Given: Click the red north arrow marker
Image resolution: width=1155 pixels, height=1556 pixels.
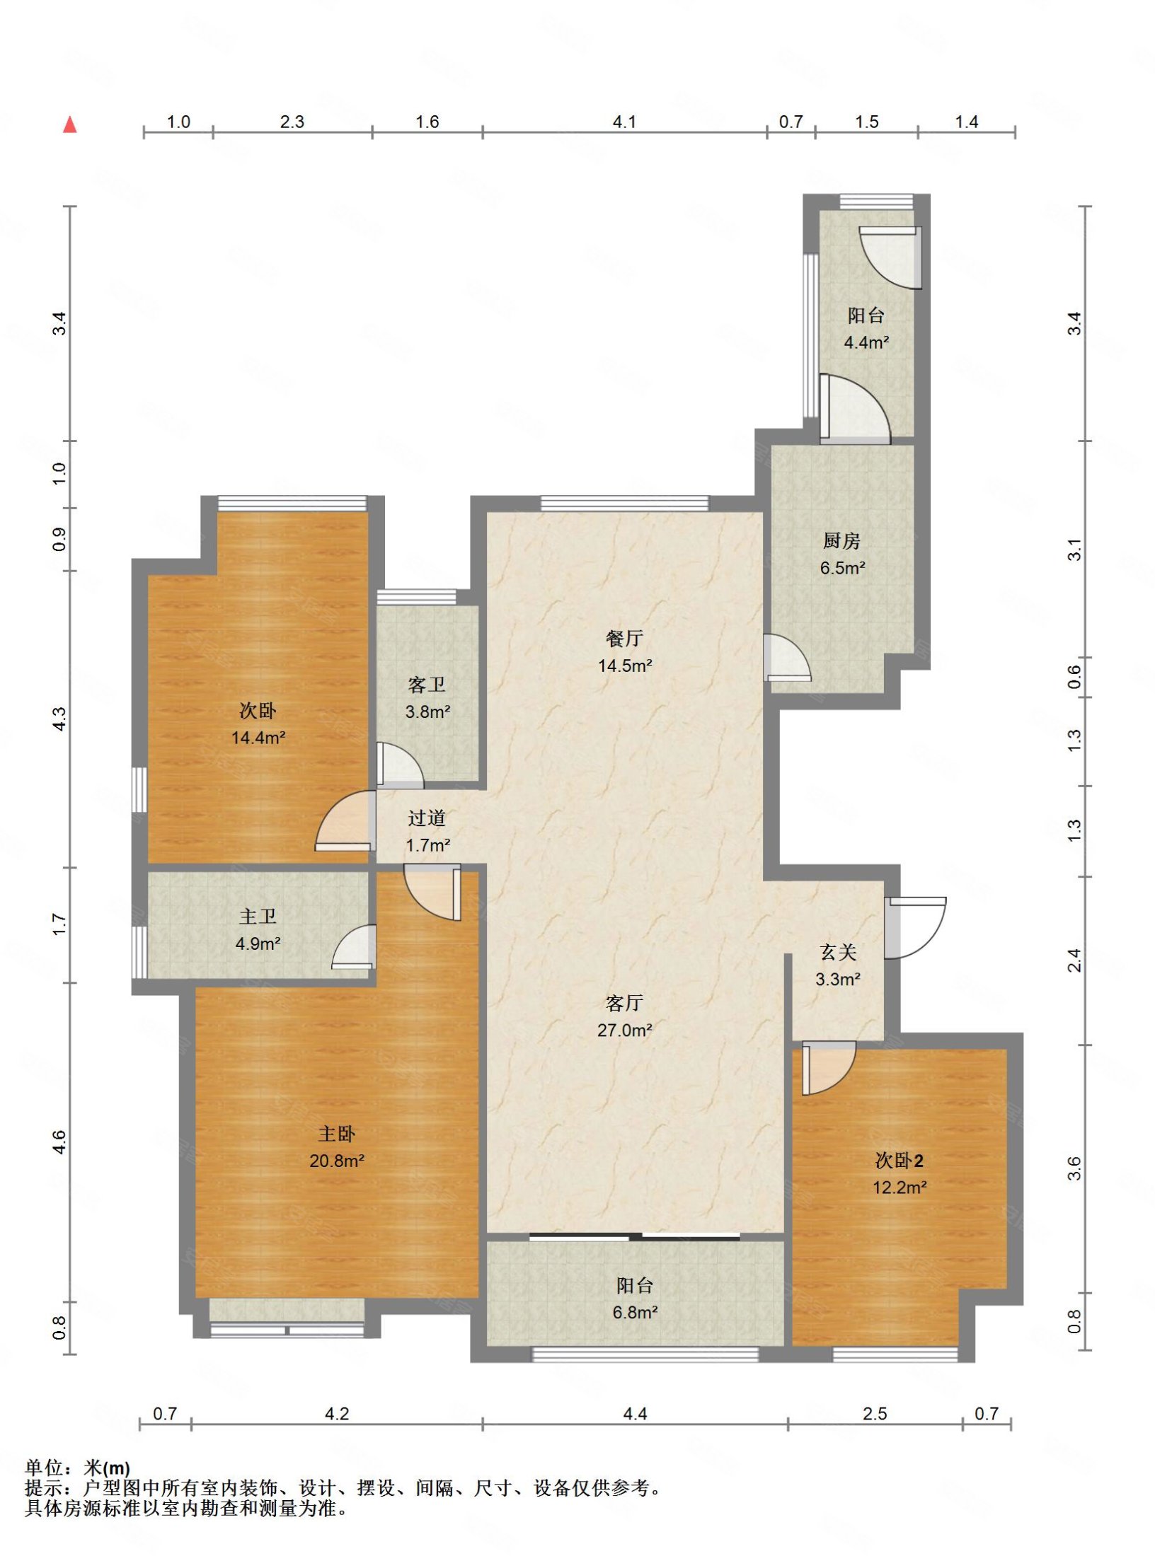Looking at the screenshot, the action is (69, 124).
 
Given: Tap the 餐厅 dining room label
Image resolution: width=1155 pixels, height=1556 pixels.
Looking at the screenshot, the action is (624, 639).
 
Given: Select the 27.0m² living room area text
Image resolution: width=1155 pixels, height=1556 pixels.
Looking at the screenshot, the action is (624, 1030).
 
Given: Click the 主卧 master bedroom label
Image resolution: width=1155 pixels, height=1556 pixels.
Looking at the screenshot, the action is (337, 1134).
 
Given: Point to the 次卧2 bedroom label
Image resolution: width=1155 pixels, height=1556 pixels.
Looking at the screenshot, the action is (899, 1161).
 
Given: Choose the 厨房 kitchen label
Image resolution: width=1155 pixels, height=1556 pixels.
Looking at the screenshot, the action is (841, 541).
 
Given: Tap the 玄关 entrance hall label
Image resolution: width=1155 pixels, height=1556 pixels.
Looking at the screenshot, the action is (838, 953).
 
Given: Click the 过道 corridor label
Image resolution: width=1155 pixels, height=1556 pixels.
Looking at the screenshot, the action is (427, 818).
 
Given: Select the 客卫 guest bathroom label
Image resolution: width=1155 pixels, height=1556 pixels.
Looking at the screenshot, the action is (427, 685).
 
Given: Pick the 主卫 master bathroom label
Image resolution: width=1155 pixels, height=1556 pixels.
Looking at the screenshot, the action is (258, 917).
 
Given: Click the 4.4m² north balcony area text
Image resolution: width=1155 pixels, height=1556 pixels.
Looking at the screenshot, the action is (866, 342).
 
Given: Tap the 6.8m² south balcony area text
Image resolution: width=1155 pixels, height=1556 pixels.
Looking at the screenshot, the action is (635, 1313).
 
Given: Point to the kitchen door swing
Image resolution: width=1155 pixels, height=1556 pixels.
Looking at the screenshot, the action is (787, 658).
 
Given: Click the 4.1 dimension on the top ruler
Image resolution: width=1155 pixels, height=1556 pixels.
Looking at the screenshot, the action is (624, 122).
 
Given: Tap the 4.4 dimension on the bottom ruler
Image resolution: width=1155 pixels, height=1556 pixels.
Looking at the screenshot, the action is (635, 1414).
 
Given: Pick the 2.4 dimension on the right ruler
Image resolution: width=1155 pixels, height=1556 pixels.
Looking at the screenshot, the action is (1074, 960).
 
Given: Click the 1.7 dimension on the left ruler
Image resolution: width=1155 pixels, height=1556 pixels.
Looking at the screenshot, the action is (59, 924).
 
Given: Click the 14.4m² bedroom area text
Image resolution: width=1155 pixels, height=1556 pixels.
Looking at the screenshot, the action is (258, 738).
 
